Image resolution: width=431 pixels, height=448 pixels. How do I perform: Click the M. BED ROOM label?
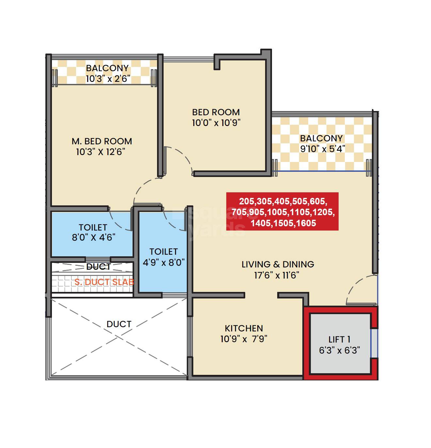pos(102,141)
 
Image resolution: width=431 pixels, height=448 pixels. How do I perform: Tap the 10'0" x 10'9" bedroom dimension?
pos(216,123)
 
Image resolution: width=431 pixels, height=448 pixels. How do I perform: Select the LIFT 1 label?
pos(339,339)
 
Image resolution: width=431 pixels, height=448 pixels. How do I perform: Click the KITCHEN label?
pos(244,328)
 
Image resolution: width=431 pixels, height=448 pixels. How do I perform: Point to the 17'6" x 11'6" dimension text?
pos(277,275)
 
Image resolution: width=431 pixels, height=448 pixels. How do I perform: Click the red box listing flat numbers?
pos(282,212)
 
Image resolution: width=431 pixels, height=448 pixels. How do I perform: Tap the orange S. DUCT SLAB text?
pos(104,282)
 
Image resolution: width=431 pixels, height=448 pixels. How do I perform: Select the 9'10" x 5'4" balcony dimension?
pos(323,149)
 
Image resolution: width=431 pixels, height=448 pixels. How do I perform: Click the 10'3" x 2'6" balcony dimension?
pos(108,79)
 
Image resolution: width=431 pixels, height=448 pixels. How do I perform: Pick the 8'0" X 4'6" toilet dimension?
pos(93,237)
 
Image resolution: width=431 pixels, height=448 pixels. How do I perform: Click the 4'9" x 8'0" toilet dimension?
pos(164,262)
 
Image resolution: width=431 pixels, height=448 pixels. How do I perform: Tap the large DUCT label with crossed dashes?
pos(119,324)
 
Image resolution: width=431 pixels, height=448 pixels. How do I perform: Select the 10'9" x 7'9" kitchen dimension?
pos(244,339)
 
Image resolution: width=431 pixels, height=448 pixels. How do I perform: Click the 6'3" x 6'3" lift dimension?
pos(339,350)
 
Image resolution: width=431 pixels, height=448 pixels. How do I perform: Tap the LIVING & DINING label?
pos(278,264)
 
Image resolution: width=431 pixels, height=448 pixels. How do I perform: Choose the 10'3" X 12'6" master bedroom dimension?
pos(101,152)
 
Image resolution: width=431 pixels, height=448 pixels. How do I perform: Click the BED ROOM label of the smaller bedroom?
pos(216,112)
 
